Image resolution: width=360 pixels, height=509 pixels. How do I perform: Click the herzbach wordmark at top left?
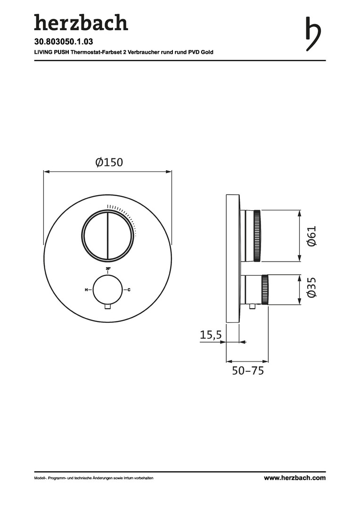pos(81,23)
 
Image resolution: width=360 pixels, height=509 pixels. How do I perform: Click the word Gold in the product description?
pos(207,52)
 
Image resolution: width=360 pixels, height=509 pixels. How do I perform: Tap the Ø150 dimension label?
pos(109,162)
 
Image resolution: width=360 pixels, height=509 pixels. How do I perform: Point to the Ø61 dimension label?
pos(311,236)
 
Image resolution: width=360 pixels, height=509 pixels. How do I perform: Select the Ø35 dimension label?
pos(311,287)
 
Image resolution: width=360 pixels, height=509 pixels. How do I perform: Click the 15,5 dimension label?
pos(211,335)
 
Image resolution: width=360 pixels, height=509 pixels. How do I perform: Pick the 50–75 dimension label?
pos(248,370)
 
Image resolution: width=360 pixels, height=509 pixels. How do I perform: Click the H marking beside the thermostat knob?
pos(86,289)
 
